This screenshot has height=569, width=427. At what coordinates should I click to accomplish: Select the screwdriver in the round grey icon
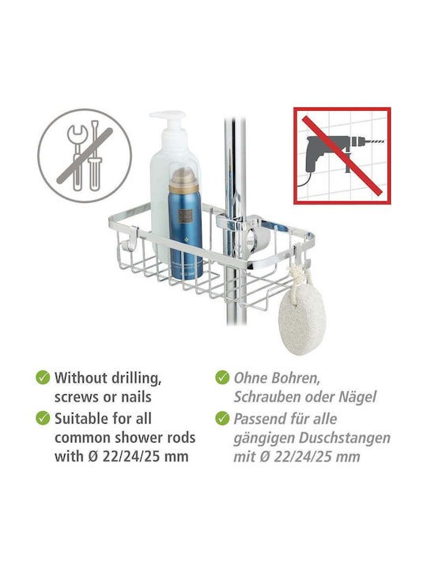coord(94,156)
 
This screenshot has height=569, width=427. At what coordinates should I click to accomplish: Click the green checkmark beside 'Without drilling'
coord(43,378)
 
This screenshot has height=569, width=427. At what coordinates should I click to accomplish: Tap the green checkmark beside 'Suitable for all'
coord(43,418)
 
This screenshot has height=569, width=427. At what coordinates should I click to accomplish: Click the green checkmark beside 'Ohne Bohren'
coord(222,378)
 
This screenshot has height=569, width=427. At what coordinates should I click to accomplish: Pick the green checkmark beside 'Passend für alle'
coord(222,418)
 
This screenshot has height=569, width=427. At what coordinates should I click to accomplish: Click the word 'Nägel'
coord(357,398)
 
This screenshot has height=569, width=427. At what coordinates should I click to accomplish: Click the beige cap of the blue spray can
coord(183,180)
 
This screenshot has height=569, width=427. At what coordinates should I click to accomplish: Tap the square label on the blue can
coord(185,217)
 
